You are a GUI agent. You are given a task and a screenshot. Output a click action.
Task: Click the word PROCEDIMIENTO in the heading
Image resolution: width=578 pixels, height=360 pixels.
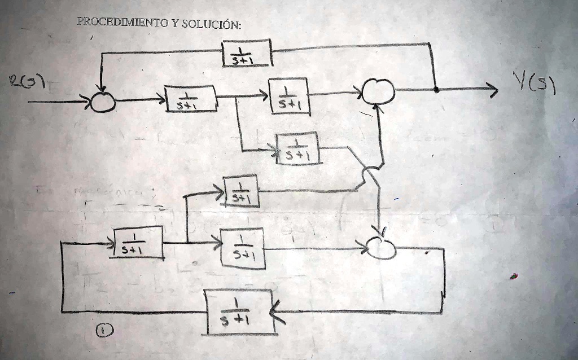pos(122,23)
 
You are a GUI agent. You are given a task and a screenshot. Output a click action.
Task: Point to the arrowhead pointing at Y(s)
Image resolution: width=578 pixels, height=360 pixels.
pos(493,89)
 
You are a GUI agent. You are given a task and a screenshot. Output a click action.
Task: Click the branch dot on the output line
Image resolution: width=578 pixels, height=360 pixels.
pos(436,89)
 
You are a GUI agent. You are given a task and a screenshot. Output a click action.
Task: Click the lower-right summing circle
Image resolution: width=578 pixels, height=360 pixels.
pos(381,247)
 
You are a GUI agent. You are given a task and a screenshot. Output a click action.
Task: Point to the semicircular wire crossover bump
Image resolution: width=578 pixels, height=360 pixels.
pos(370,174)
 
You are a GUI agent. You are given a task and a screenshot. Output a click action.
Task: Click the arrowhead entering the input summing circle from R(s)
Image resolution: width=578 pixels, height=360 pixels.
pos(89,102)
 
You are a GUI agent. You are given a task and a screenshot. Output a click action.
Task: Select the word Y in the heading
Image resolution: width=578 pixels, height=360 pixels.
pos(176,24)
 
